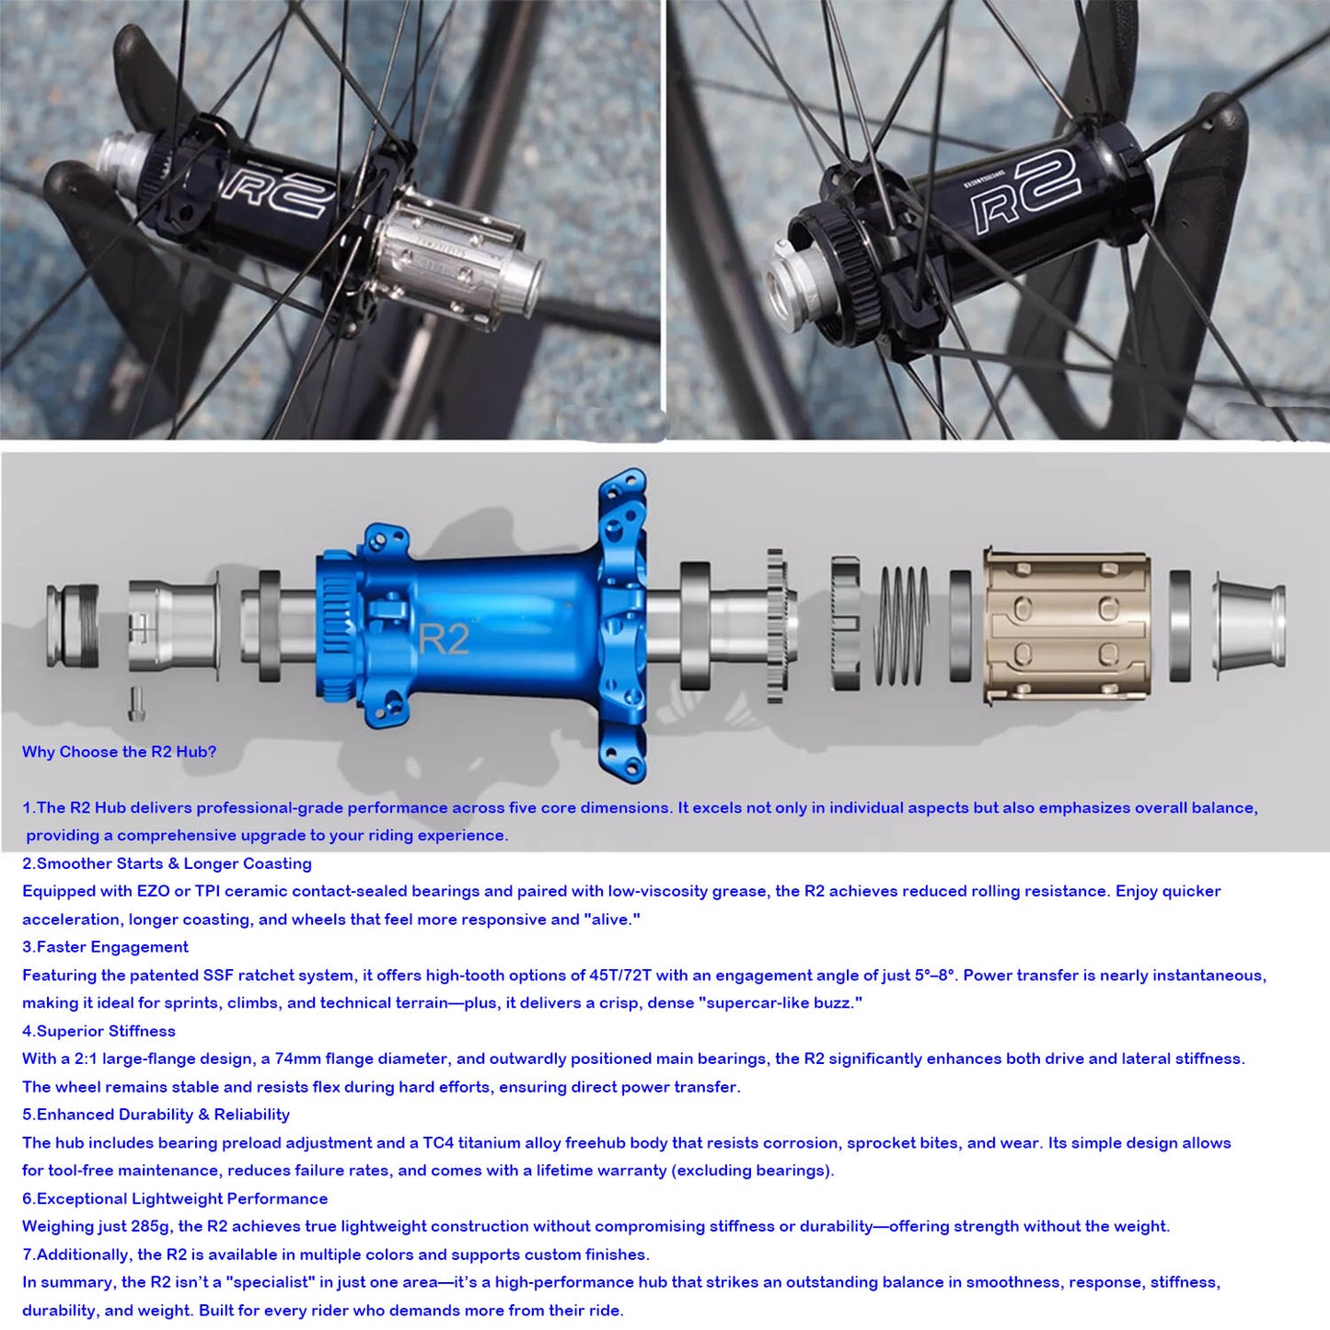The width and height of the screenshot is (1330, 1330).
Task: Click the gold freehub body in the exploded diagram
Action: click(1066, 625)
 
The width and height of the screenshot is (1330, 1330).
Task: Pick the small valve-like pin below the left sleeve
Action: click(136, 705)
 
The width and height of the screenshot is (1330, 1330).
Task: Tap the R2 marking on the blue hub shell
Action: click(444, 639)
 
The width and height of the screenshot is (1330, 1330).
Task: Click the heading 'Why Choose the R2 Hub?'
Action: click(120, 752)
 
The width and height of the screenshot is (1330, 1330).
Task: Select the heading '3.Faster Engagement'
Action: click(105, 947)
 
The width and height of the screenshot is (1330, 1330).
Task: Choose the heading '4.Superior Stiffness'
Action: click(98, 1031)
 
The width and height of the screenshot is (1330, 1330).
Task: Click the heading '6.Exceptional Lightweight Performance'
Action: click(175, 1198)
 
